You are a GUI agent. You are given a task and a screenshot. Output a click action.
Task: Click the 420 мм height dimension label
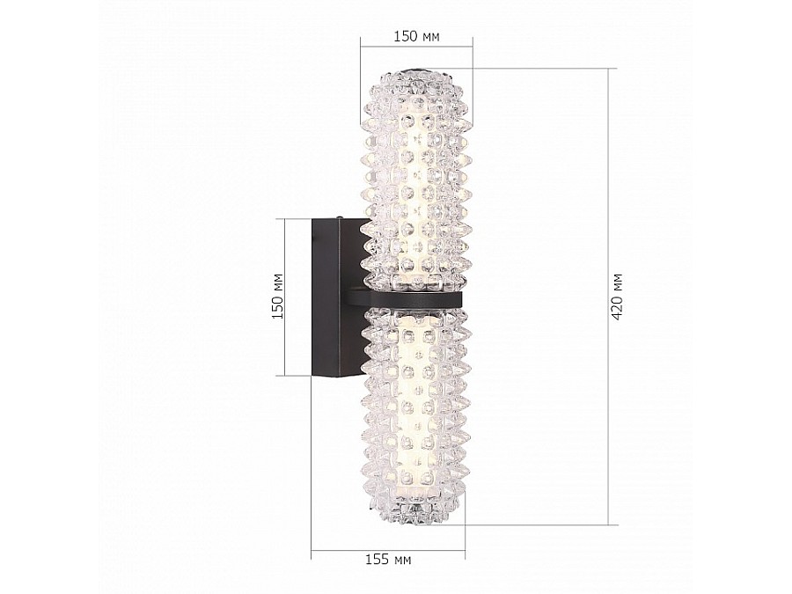(x=617, y=297)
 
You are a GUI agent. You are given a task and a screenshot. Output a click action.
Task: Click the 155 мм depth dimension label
(x=388, y=560)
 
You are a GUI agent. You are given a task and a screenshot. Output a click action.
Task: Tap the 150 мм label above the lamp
(x=417, y=36)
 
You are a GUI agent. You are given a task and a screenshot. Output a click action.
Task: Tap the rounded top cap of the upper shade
(x=417, y=76)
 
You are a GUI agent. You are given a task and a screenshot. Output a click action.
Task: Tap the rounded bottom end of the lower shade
(x=417, y=517)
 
